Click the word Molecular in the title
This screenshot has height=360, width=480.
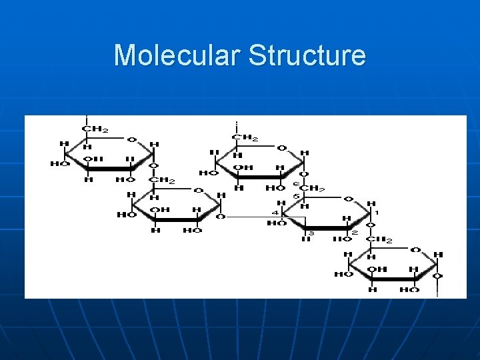[x=177, y=55]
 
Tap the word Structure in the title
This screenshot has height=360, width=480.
[x=307, y=55]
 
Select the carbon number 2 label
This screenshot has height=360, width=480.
[x=354, y=232]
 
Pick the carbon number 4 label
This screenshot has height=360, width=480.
[x=275, y=213]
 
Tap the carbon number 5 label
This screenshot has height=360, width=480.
[x=295, y=196]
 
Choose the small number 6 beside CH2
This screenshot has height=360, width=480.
[x=295, y=184]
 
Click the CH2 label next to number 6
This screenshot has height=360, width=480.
[x=312, y=189]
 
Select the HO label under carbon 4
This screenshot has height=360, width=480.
[x=276, y=223]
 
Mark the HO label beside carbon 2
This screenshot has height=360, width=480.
[x=341, y=239]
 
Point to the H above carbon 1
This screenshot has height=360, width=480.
[x=371, y=203]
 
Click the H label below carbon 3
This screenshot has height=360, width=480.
[x=305, y=239]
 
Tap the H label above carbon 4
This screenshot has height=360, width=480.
[x=281, y=203]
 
